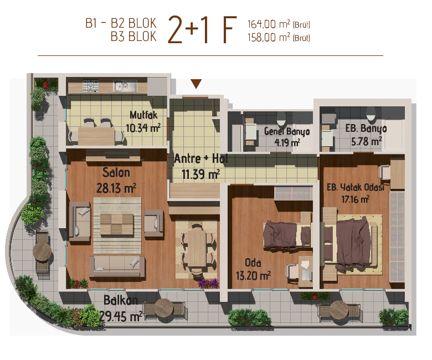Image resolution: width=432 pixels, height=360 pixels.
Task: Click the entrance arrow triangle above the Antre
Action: (x=196, y=84)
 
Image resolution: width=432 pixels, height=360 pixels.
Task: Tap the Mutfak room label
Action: (x=143, y=115)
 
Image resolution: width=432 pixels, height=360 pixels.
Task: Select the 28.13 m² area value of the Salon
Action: (x=116, y=188)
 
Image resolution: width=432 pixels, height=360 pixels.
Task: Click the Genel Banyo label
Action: (x=287, y=132)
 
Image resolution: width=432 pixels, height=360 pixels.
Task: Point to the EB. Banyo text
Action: (x=366, y=128)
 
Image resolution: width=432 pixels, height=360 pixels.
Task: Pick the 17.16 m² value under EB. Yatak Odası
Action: (x=356, y=199)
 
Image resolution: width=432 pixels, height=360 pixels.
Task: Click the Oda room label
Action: (x=253, y=263)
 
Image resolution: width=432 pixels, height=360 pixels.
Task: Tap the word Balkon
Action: (x=121, y=300)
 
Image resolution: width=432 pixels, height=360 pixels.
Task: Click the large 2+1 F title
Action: (x=202, y=30)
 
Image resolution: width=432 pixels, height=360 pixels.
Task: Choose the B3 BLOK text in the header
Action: (x=133, y=37)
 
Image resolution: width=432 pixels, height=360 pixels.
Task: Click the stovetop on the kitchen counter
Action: (x=90, y=85)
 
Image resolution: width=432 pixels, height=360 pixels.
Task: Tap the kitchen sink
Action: (x=125, y=86)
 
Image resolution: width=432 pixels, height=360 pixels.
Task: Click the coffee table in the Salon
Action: (x=117, y=224)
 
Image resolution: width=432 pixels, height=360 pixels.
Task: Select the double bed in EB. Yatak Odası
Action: (x=352, y=243)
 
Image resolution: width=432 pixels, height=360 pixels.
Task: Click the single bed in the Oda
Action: (x=288, y=235)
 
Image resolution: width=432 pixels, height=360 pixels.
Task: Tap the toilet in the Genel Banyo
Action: (x=281, y=119)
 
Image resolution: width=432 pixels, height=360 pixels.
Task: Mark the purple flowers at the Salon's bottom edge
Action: (x=209, y=283)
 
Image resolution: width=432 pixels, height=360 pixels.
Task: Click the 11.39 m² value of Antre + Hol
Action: (x=200, y=174)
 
